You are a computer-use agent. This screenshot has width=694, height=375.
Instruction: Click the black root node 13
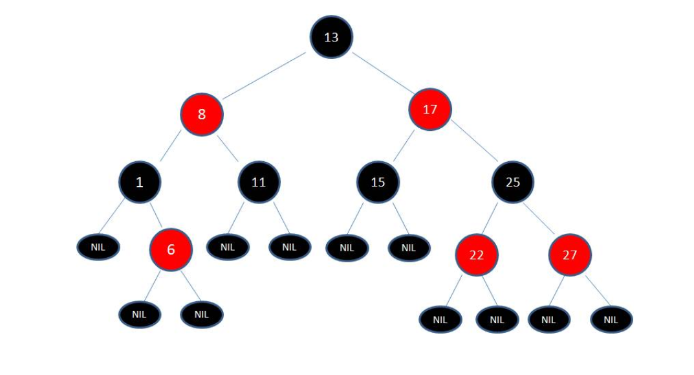click(x=331, y=37)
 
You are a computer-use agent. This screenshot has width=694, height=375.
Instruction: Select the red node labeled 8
click(x=202, y=115)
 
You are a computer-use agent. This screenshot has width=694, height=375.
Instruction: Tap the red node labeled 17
click(x=430, y=109)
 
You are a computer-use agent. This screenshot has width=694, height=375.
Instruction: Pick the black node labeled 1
click(x=140, y=182)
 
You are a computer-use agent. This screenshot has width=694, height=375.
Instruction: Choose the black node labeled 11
click(x=259, y=182)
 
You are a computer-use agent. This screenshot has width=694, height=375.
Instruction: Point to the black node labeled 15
click(x=378, y=182)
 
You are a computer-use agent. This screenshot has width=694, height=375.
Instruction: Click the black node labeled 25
click(x=513, y=182)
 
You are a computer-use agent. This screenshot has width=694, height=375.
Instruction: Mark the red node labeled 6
click(x=171, y=249)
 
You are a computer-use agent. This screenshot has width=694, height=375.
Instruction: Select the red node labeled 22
click(x=476, y=255)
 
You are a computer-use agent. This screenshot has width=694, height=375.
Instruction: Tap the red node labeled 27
click(x=570, y=255)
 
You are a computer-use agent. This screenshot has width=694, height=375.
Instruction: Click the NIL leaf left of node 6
click(x=98, y=247)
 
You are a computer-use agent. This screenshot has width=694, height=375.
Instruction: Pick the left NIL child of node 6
click(x=140, y=314)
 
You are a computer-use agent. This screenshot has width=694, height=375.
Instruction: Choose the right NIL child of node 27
click(x=611, y=319)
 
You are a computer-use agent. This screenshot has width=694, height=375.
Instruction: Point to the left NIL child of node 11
click(x=227, y=247)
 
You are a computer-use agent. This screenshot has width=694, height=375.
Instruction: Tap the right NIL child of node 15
click(x=409, y=247)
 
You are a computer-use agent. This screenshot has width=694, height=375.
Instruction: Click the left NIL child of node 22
click(x=440, y=319)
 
